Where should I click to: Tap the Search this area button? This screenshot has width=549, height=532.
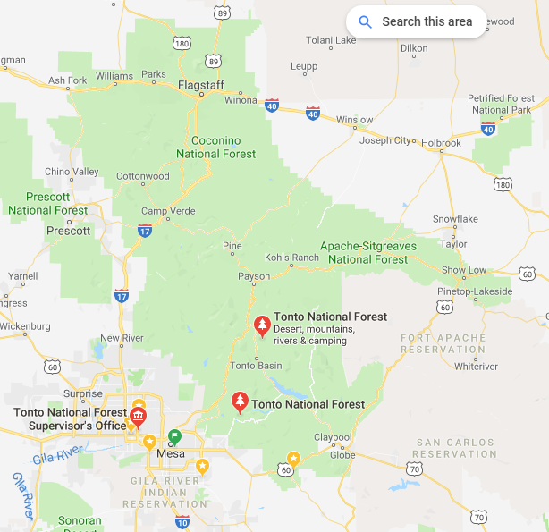tap(417, 21)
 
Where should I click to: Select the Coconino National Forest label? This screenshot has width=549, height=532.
tap(216, 147)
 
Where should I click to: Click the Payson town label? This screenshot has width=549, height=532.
tap(253, 276)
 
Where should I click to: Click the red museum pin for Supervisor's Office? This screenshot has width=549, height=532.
tap(138, 417)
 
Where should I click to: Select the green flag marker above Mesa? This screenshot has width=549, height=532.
tap(174, 436)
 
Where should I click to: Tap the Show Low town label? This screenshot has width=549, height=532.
tap(464, 270)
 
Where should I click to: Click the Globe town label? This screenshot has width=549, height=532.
tap(342, 454)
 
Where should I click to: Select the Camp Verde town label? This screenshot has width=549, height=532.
tap(163, 212)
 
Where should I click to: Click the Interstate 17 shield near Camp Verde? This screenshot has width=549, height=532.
tap(144, 231)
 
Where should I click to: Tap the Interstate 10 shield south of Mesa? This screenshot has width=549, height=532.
tap(182, 520)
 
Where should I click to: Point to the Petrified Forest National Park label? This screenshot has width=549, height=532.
tap(501, 104)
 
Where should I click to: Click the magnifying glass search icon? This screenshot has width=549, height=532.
tap(365, 21)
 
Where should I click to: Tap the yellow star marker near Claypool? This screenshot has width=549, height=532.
tap(293, 459)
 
